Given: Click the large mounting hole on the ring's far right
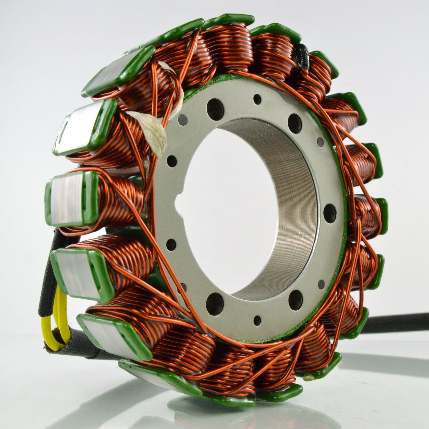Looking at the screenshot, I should point(330,213).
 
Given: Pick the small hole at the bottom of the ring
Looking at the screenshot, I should point(257,320).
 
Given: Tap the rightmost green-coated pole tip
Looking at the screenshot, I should point(383,214).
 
